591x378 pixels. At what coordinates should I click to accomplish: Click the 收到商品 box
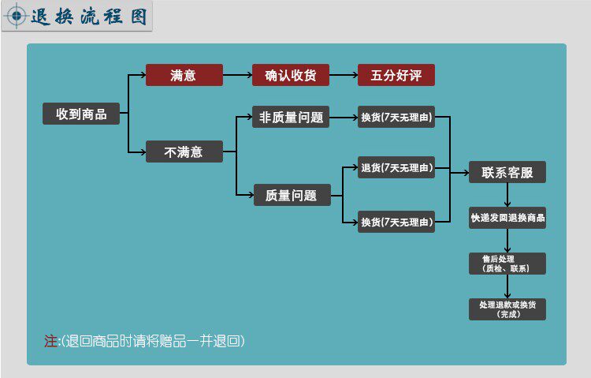click(81, 114)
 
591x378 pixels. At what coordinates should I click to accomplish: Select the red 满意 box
click(184, 76)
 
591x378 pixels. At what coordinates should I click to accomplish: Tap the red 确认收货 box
click(290, 76)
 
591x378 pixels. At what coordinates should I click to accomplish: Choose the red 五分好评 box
click(396, 76)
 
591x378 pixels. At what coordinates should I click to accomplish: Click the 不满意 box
click(184, 152)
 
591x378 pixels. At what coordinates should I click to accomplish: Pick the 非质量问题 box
click(290, 118)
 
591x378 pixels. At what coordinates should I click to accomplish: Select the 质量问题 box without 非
click(290, 195)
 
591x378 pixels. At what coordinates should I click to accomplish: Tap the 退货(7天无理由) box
click(396, 168)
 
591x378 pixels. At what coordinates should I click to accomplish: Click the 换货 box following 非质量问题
click(396, 118)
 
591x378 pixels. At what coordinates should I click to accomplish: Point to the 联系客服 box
click(507, 172)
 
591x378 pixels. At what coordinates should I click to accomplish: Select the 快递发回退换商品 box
click(507, 218)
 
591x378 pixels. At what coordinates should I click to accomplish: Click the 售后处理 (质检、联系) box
click(507, 264)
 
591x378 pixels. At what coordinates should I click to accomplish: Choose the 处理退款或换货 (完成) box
click(507, 309)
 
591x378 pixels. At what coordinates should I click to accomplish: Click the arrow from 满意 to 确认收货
click(237, 76)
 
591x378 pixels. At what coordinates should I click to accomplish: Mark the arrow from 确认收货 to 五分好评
click(344, 76)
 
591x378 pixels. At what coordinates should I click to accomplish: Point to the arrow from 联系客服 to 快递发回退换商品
click(507, 195)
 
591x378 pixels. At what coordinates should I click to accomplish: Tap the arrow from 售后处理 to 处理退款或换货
click(507, 286)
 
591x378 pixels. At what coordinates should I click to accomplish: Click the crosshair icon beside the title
click(17, 17)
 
